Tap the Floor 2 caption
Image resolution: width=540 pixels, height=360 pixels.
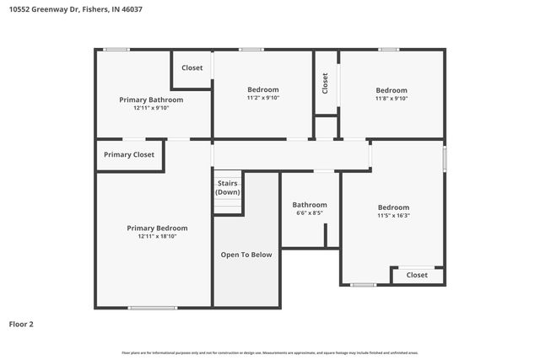click(x=22, y=324)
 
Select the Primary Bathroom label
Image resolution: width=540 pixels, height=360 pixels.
click(x=151, y=99)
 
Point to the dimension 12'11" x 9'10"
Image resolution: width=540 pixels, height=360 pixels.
click(x=151, y=108)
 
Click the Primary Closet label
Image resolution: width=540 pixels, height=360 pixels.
click(x=129, y=154)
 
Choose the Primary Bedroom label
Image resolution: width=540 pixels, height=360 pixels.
click(x=157, y=228)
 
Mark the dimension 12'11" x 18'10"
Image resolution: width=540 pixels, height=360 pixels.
click(x=157, y=236)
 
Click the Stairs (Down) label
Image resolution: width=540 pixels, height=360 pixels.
click(x=227, y=187)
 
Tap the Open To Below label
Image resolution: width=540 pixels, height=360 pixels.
click(x=246, y=254)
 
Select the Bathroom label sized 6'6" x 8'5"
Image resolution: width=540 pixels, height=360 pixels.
click(x=310, y=205)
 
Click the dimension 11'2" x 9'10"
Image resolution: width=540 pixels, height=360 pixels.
click(x=262, y=98)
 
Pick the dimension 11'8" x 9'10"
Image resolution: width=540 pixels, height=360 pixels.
click(x=391, y=98)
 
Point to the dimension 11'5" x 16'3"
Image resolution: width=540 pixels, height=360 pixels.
click(x=393, y=215)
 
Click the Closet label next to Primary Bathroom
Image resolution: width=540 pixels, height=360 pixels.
click(x=192, y=67)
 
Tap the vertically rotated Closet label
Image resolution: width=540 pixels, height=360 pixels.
click(x=326, y=82)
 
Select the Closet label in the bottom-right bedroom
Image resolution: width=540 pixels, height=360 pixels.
click(x=417, y=275)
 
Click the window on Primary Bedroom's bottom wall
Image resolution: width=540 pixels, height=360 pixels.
click(x=153, y=308)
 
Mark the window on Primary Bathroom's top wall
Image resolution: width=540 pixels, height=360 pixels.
click(x=116, y=50)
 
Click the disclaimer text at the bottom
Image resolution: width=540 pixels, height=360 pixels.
click(x=270, y=352)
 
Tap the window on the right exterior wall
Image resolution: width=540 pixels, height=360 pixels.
click(x=445, y=159)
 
